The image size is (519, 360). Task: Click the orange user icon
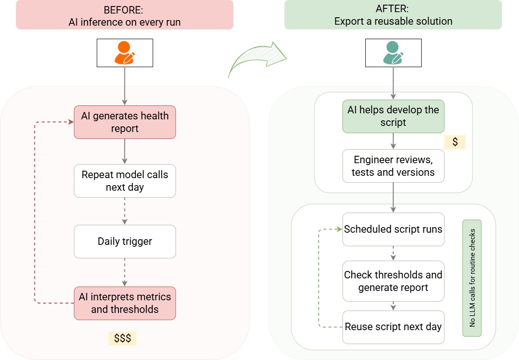coord(124,53)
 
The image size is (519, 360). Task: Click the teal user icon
coord(393,53)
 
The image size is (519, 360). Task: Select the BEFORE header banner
coord(124,15)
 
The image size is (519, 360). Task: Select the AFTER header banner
coord(393,15)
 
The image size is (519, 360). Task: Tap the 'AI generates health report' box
coord(125,122)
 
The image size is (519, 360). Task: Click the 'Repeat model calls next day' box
coord(125,181)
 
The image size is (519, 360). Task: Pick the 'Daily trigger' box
coord(125,242)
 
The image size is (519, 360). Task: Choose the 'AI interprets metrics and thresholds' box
coord(125,303)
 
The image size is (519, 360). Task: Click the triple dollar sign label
coord(122,338)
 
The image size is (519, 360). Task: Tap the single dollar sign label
coord(455,142)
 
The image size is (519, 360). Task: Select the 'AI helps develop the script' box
coord(393,116)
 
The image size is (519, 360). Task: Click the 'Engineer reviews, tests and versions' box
coord(393,166)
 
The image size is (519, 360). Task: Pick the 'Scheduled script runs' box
coord(393,229)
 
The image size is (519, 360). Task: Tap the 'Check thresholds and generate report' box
coord(393,281)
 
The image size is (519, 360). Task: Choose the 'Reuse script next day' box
coord(393,327)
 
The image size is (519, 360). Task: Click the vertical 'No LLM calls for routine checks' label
coord(472,278)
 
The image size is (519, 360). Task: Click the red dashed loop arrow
coord(35,212)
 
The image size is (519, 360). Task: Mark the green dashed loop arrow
coord(318,278)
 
